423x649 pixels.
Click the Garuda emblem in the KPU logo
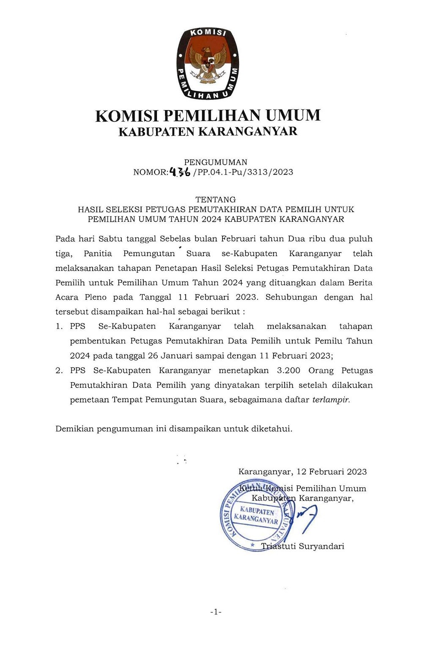(208, 64)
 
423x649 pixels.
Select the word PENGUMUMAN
(215, 162)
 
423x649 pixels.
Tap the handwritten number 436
(180, 172)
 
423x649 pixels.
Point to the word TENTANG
(215, 199)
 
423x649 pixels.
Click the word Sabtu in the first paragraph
(110, 239)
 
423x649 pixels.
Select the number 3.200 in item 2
(288, 370)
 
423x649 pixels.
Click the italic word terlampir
(331, 400)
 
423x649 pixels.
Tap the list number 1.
(59, 326)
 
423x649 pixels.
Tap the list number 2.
(59, 370)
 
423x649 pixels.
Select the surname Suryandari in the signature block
(321, 546)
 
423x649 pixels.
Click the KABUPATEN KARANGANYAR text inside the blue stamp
(256, 515)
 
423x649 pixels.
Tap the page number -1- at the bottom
(216, 612)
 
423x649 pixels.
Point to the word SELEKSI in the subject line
(125, 209)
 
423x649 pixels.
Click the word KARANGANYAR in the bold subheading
(248, 132)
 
